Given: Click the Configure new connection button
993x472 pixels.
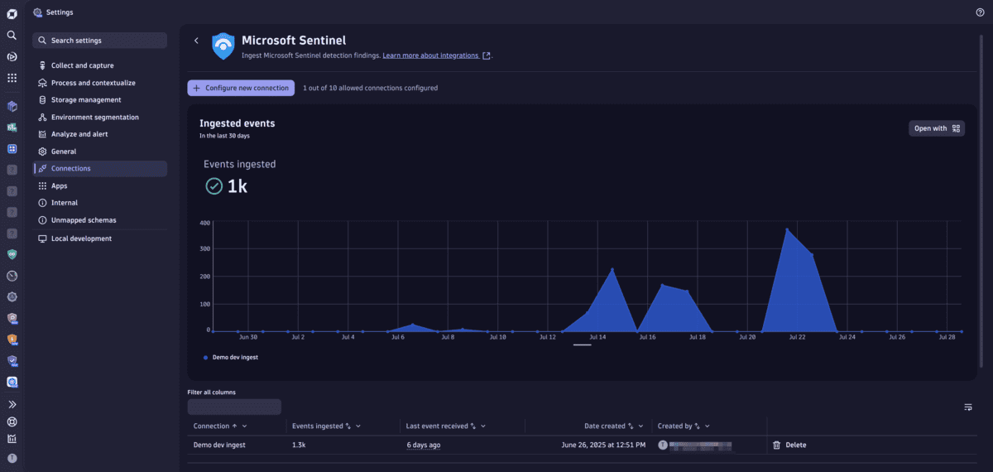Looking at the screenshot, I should [x=241, y=88].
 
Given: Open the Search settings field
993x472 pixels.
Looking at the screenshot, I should [x=99, y=41].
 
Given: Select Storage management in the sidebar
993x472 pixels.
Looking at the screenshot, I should [x=86, y=100].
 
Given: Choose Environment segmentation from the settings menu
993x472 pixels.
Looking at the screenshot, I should [x=94, y=118].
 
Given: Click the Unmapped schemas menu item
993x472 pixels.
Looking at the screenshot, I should [x=84, y=220].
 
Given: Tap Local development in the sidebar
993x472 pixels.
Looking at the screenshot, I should [x=81, y=238].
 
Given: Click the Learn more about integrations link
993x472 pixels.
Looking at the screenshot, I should [x=430, y=55].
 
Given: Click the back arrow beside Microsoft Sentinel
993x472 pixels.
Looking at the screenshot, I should [x=196, y=41].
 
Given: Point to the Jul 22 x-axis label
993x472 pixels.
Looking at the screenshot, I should [x=797, y=338].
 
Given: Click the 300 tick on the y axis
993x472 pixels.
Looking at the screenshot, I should [x=205, y=248].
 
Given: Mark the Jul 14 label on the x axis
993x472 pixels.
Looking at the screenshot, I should [x=597, y=338].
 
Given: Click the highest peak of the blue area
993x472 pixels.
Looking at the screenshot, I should [x=786, y=229].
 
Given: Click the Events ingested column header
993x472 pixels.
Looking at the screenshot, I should [x=318, y=426].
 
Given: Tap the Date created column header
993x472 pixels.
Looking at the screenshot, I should [x=603, y=426].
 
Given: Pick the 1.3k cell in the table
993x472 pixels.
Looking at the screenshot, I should [x=300, y=445].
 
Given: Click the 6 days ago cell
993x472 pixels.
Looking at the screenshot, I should [x=423, y=445].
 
